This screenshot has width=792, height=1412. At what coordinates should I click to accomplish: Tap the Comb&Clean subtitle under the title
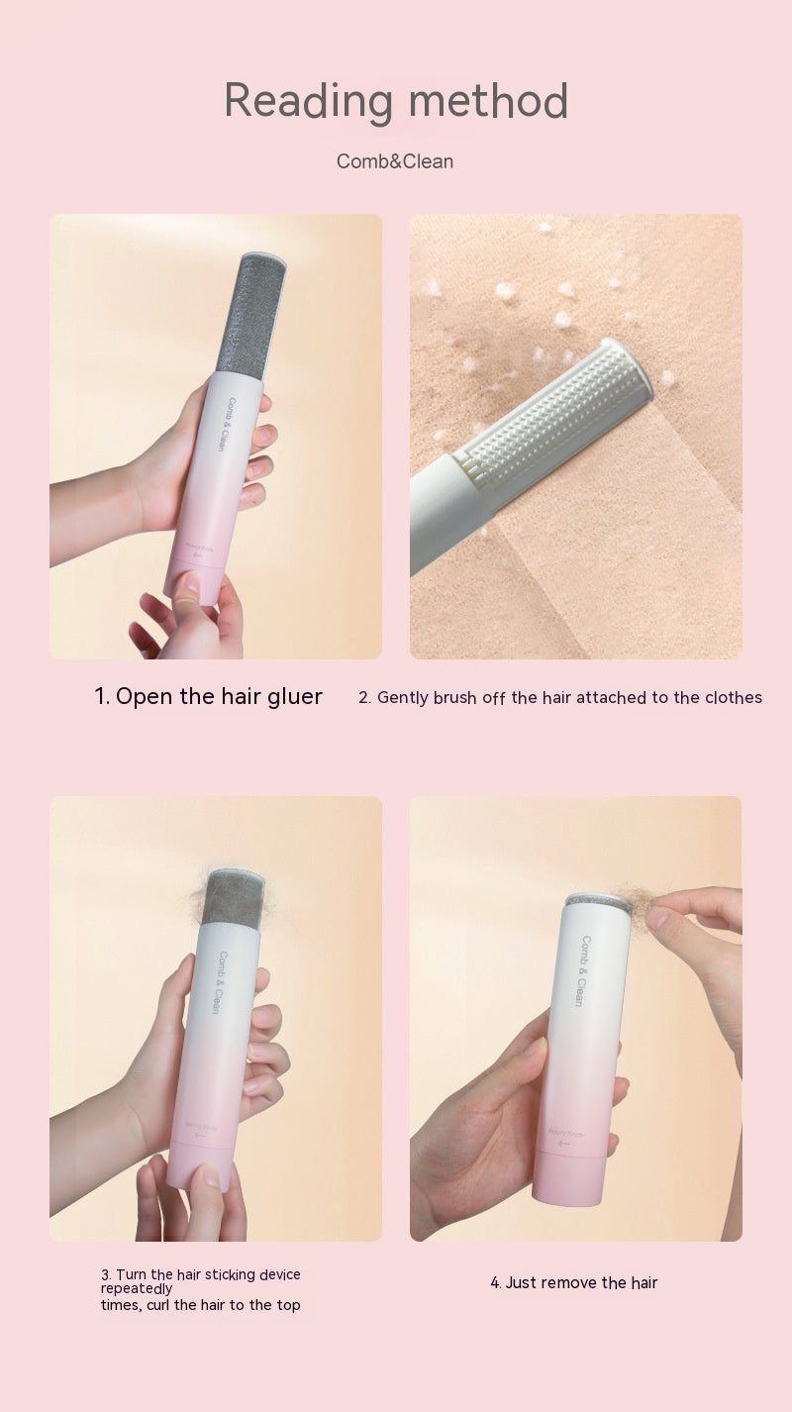[395, 161]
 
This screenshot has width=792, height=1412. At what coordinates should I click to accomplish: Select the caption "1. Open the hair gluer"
[208, 696]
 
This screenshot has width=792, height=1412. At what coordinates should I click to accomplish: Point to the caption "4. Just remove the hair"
[574, 1282]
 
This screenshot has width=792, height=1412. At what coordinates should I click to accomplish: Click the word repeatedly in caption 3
[137, 1289]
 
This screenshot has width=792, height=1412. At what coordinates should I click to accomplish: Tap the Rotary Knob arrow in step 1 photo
[197, 557]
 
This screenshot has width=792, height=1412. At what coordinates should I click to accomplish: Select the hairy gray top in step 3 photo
[232, 897]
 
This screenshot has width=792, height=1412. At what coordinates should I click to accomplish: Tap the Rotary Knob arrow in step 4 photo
[564, 1142]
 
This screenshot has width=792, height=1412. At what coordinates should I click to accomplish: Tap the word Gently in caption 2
[404, 697]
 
